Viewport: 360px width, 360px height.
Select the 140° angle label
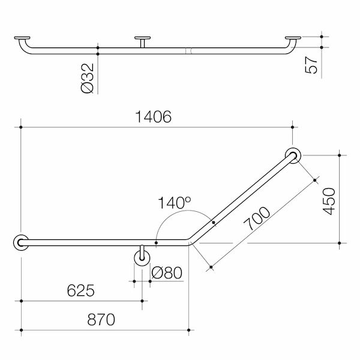[175, 203]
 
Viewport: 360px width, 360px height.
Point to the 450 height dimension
[329, 199]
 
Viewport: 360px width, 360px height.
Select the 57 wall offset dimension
[311, 64]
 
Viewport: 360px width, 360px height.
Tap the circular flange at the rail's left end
[21, 242]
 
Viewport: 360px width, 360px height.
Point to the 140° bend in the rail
[188, 243]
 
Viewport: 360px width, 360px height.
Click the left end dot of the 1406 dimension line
[21, 127]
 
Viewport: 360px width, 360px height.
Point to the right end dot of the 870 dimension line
[188, 329]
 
